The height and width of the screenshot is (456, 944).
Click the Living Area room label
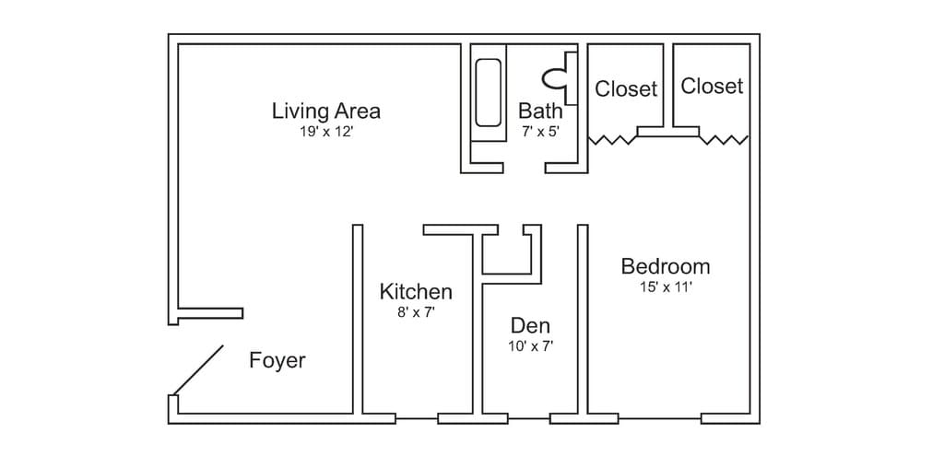pos(326,111)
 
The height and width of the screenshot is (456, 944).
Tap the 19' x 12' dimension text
pos(325,132)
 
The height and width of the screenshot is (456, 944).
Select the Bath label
pos(540,111)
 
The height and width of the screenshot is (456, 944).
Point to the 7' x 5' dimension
pos(541,131)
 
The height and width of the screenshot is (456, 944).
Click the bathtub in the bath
pos(488,93)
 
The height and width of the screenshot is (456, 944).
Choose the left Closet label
pos(626,89)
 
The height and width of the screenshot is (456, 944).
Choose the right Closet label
pos(712,86)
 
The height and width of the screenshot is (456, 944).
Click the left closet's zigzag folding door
pos(612,141)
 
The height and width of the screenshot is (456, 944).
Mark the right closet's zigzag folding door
pos(725,140)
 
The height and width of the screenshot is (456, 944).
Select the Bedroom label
pos(666,266)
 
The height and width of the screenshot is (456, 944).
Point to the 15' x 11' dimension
pos(666,287)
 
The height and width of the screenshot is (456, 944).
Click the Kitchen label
pos(416,292)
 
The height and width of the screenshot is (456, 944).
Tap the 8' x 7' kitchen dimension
pos(416,313)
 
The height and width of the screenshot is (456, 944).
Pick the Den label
pos(530,326)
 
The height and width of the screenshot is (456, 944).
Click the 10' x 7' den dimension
pos(530,346)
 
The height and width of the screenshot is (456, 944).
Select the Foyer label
pos(277,360)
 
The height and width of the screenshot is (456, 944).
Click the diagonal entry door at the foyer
pos(198,370)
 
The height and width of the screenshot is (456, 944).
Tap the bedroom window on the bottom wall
pos(660,418)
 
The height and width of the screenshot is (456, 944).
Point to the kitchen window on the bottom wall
pos(417,418)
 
